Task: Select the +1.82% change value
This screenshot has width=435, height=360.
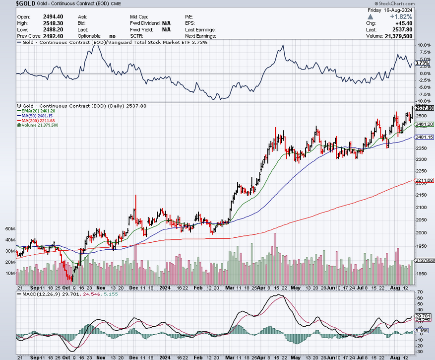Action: (415, 16)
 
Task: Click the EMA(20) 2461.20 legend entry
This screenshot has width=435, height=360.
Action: (38, 111)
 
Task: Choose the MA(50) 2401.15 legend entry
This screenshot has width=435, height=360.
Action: (38, 116)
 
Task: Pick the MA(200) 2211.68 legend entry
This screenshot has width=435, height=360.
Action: (39, 120)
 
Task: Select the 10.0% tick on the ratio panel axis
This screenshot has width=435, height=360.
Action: (423, 45)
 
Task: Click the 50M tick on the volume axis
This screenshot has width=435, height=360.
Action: (10, 229)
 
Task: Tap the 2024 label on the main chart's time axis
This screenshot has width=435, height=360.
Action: (165, 287)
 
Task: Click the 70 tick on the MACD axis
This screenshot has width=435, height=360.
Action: (420, 292)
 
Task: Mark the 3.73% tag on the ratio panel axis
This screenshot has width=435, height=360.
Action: (422, 63)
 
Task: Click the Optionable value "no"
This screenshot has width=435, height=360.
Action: (112, 36)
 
